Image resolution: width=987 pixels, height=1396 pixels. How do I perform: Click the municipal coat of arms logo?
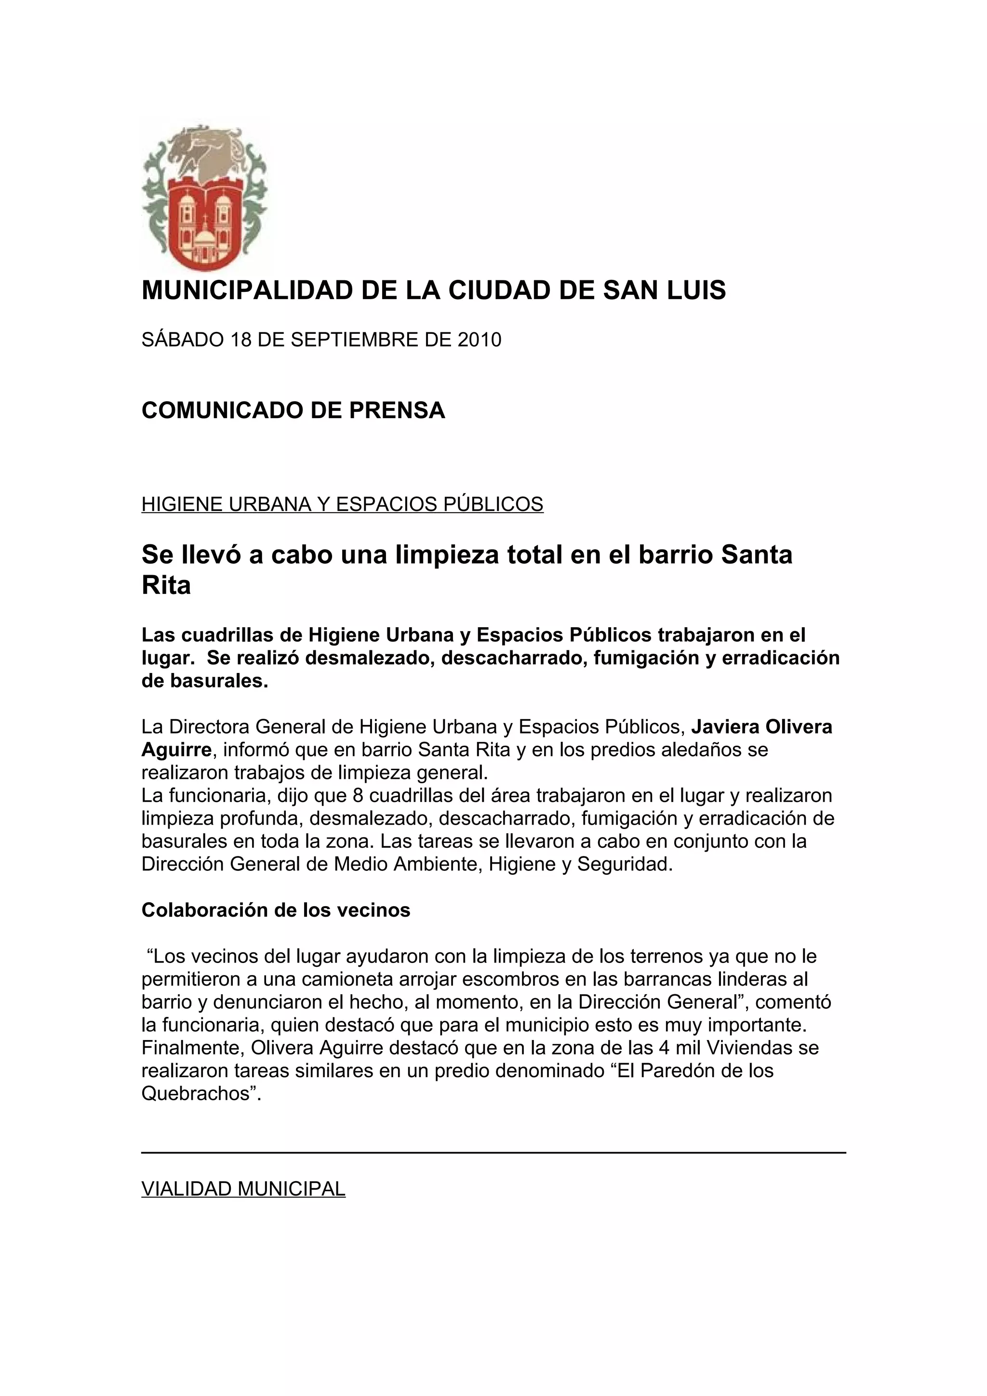click(x=204, y=198)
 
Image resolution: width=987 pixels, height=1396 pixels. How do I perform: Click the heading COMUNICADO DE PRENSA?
click(x=293, y=410)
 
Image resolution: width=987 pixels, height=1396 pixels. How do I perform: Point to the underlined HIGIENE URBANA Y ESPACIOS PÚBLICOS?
click(x=342, y=504)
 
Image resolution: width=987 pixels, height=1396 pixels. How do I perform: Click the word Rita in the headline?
click(x=166, y=585)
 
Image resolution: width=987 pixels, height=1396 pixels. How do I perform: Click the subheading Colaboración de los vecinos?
click(x=276, y=910)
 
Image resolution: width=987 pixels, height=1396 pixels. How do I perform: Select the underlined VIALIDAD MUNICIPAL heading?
click(x=243, y=1189)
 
